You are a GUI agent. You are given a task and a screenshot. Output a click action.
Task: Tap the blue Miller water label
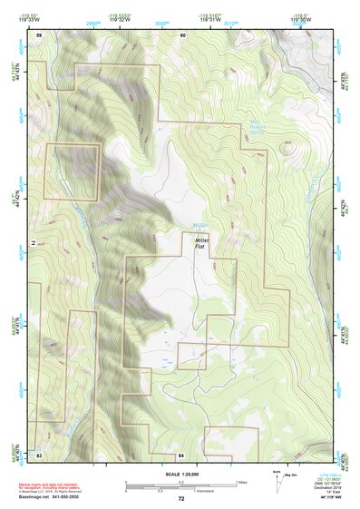pos(200,224)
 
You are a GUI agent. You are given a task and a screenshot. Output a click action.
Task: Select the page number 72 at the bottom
pos(180,499)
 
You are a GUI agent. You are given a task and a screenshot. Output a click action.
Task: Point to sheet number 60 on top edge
pos(182,34)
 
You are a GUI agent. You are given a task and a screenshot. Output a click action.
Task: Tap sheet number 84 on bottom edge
pos(181,453)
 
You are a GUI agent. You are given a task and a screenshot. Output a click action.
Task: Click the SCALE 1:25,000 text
pos(181,475)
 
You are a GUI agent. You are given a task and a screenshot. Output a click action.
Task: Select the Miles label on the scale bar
pos(243,481)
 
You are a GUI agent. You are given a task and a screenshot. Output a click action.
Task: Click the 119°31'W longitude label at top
pos(210,20)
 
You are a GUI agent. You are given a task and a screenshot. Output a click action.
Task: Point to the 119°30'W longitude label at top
pos(301,20)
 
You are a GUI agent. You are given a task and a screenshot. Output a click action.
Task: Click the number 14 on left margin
pos(34,243)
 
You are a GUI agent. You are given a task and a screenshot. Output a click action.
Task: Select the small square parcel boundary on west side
pos(72,172)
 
